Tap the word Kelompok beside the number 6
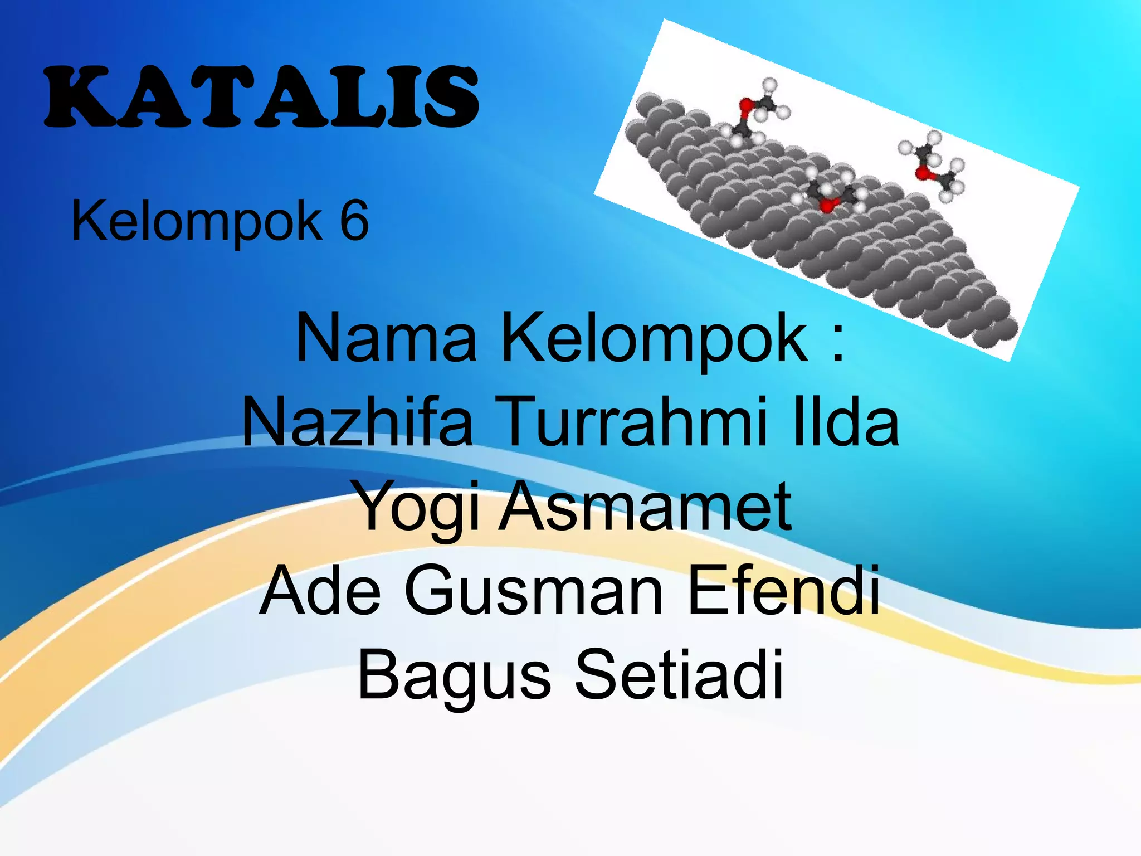pos(197,221)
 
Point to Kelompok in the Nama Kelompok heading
pos(655,338)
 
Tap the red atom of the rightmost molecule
pos(922,173)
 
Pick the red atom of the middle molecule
pos(827,206)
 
